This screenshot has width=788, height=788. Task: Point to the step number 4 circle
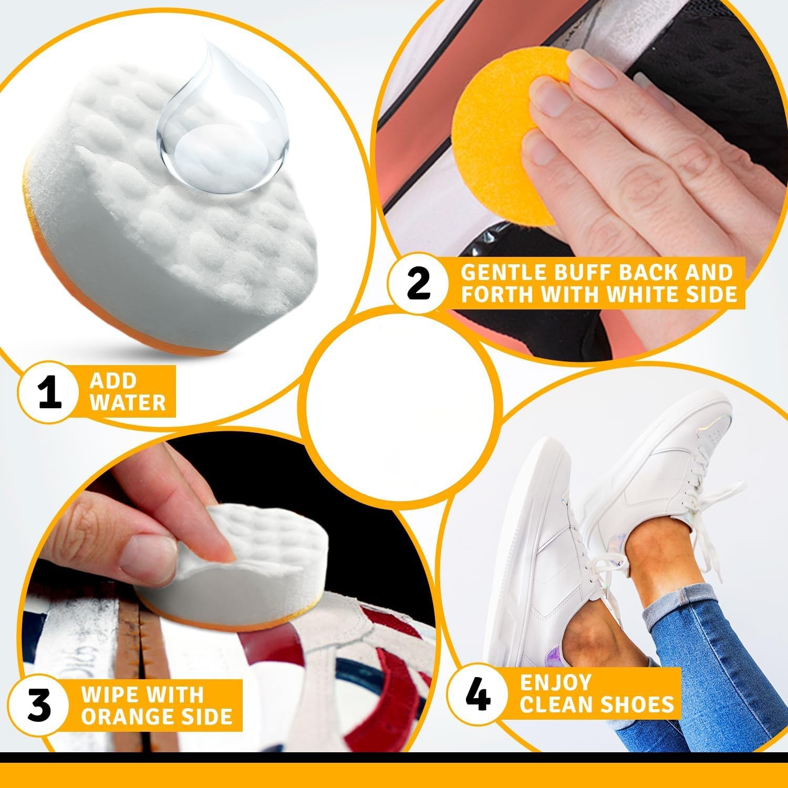(478, 694)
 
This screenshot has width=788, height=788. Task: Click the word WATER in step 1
(131, 403)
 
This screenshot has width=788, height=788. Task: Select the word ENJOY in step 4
(556, 682)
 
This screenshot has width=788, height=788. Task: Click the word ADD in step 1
(113, 380)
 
